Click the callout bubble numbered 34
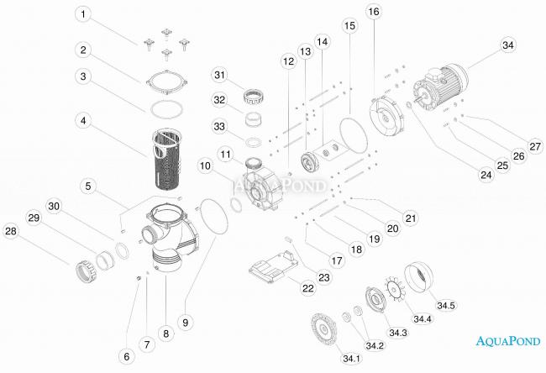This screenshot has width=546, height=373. tap(507, 45)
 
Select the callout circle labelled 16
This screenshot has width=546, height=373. tap(373, 12)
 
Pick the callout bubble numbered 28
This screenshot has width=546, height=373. tap(11, 230)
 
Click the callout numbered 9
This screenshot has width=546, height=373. tap(186, 321)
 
